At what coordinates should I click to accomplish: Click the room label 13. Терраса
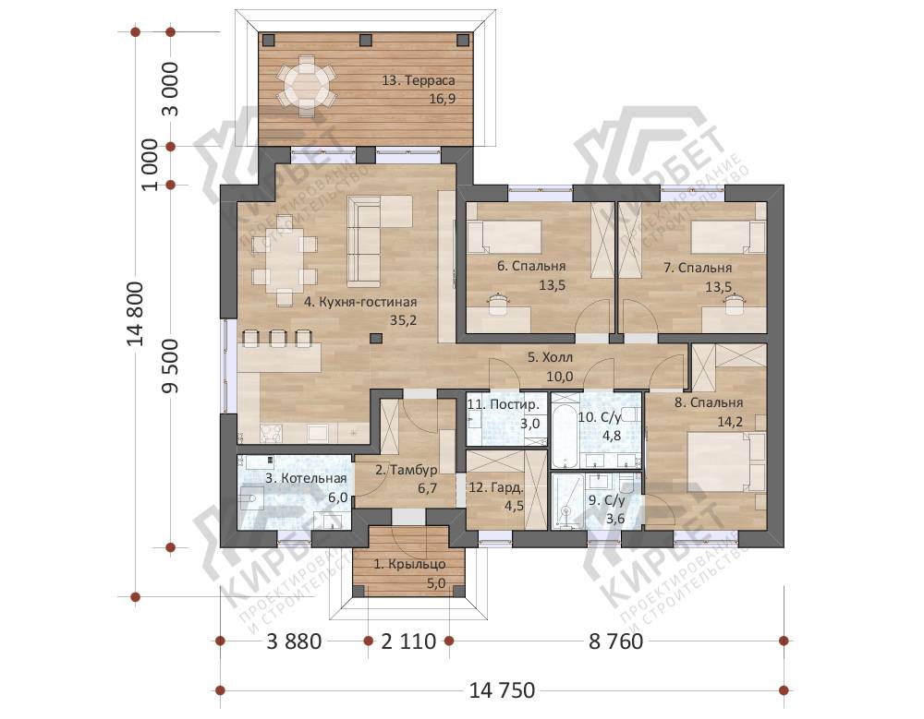click(418, 80)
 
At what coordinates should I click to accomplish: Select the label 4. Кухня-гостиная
click(360, 302)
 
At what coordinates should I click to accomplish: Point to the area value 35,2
click(403, 320)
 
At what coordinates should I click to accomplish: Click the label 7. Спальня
click(698, 268)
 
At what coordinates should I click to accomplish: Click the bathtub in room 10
click(565, 433)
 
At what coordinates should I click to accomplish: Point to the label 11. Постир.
click(503, 404)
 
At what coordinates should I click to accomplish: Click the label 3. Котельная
click(306, 478)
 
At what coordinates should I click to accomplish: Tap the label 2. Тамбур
click(406, 470)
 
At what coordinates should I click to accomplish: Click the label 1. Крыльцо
click(409, 564)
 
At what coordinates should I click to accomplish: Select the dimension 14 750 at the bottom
click(502, 689)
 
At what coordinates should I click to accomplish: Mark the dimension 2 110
click(408, 641)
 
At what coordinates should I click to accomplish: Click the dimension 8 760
click(615, 641)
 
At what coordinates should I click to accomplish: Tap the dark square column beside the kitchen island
click(375, 338)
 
